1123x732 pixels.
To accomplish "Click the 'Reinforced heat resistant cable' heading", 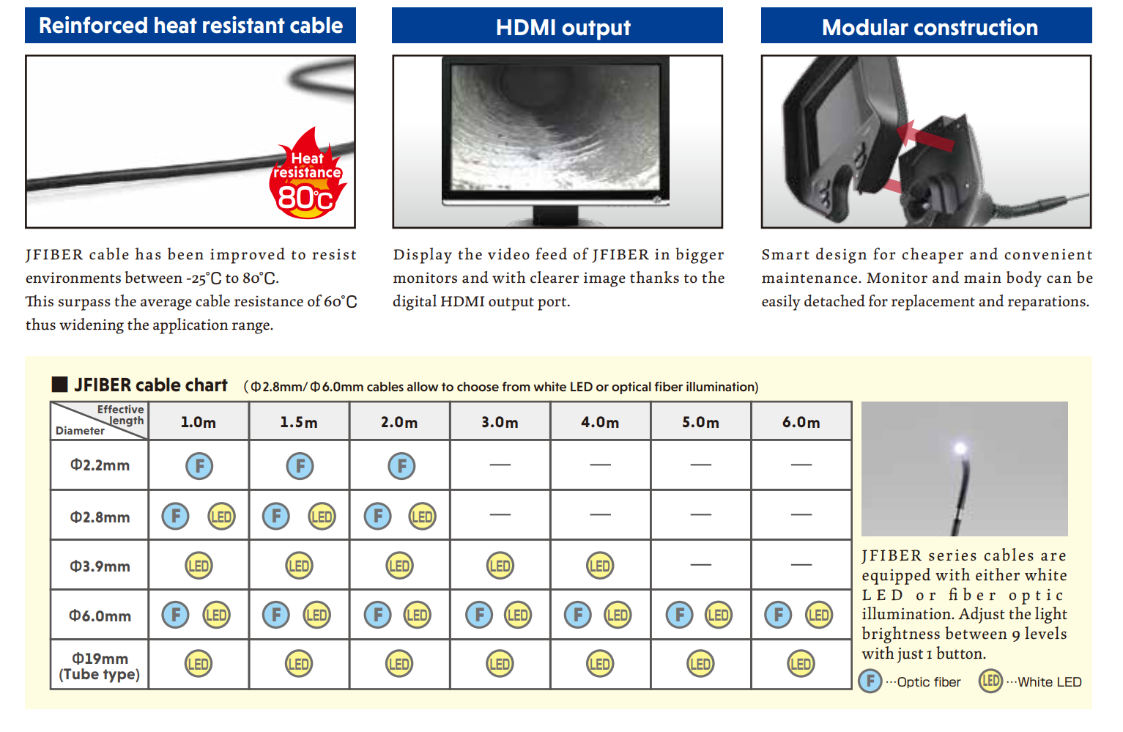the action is coord(190,26).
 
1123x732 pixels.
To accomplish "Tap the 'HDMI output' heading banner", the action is coord(557,26).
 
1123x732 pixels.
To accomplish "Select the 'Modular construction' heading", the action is coord(930,27).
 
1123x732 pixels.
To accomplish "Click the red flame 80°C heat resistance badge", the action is coord(307,174).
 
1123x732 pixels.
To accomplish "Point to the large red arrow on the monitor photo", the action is coord(925,136).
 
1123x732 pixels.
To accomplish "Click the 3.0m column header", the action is coord(500,422).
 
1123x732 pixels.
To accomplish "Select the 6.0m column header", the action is coord(801,422).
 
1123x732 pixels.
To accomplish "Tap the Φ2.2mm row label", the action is coord(100,465).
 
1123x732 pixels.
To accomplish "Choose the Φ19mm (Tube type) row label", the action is coord(100,666).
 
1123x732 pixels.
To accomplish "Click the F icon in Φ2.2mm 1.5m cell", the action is coord(300,466).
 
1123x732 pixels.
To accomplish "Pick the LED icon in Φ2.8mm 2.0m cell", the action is coord(422,517).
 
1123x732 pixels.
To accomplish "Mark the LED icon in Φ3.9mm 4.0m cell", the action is coord(600,566).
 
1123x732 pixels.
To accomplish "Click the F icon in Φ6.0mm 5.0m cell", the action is coord(679,615).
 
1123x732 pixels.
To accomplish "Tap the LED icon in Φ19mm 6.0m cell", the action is coord(801,664).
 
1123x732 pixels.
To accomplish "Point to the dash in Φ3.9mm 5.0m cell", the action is coord(700,565).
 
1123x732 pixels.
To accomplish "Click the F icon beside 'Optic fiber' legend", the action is coord(870,681).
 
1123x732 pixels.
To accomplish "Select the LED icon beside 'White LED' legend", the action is coord(990,681).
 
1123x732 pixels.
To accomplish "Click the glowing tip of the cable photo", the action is coord(960,448).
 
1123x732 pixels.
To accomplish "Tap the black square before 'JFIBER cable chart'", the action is coord(59,385).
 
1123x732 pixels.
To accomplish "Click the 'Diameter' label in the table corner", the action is coord(80,431).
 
